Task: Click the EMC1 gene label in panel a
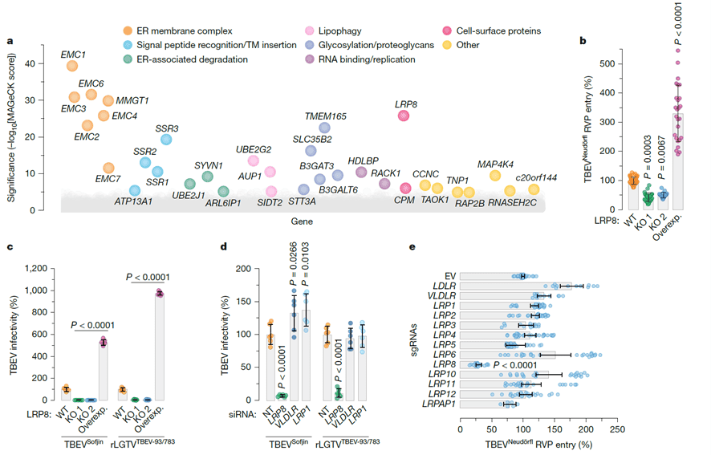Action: (x=74, y=54)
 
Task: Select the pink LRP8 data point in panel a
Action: (x=404, y=116)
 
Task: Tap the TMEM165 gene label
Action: (x=325, y=116)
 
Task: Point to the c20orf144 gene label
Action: (x=535, y=177)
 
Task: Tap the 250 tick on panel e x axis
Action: (x=617, y=429)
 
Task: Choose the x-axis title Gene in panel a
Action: (x=288, y=222)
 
